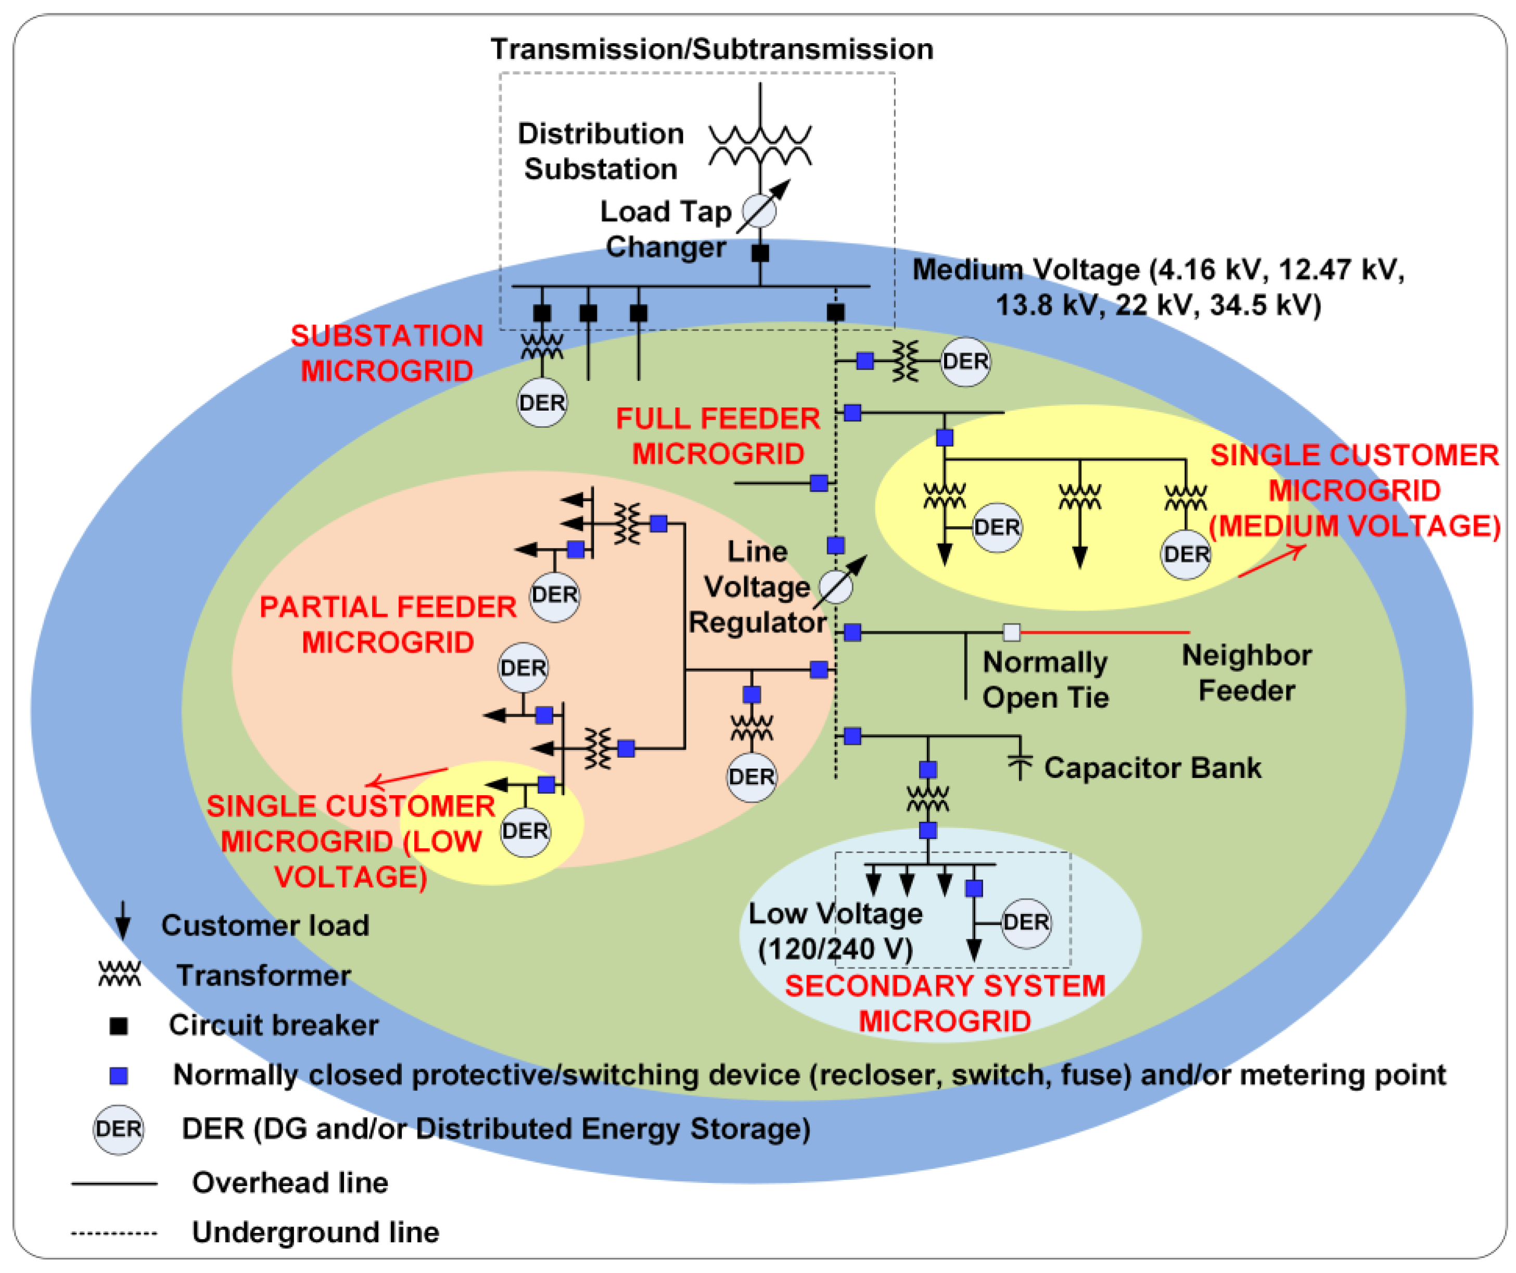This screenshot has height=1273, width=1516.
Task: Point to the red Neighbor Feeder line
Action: coord(1104,632)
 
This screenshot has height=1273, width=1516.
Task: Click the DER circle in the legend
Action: coord(118,1129)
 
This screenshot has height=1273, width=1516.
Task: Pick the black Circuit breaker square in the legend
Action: coord(118,1026)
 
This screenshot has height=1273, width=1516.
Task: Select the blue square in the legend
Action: coord(118,1076)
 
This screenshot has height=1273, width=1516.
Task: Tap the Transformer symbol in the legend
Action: coord(120,975)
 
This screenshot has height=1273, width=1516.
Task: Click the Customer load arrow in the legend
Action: coord(123,921)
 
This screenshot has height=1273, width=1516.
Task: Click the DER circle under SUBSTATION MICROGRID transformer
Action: coord(542,403)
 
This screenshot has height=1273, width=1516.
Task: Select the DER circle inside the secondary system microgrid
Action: coord(1026,923)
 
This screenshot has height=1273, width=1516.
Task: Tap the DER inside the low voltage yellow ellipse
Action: coord(525,832)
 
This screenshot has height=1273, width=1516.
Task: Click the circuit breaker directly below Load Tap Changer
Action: coord(760,253)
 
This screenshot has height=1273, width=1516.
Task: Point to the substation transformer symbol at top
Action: coord(760,144)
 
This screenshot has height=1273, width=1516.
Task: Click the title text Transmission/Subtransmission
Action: coord(712,49)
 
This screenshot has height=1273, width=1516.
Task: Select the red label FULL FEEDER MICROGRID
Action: coord(718,436)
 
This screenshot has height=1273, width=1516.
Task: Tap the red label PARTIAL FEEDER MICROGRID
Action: coord(388,625)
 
